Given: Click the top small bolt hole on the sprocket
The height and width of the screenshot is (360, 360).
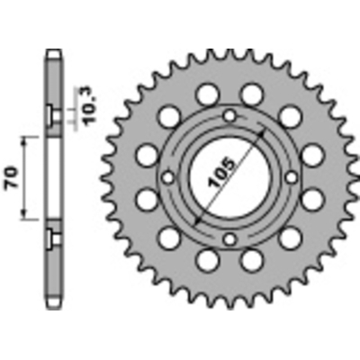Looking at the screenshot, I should pos(229,115).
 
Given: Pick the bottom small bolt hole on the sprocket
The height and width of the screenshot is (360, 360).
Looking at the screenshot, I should pos(229,239).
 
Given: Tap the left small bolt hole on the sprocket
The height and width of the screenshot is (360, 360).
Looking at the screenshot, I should pos(167,177).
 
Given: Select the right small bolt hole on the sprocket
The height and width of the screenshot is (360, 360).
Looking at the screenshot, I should pos(292,177).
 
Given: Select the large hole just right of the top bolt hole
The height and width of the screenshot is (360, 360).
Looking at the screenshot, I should pos(253,93).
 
